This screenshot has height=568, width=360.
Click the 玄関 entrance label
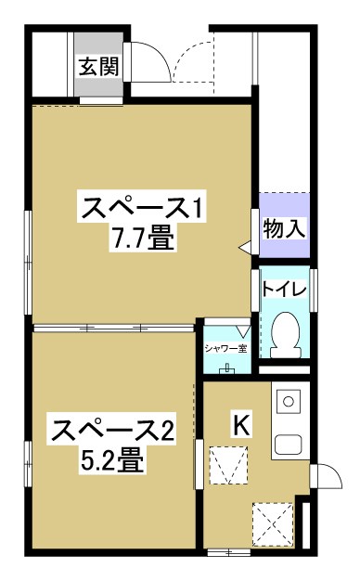[99, 67]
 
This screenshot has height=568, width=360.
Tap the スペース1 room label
[141, 208]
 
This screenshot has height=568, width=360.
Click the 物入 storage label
[284, 229]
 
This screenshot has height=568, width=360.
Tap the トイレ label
[284, 289]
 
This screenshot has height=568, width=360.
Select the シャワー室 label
[226, 349]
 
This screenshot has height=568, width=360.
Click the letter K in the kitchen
[241, 425]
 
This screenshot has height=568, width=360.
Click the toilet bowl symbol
[286, 335]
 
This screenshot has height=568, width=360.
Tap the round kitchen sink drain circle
[289, 401]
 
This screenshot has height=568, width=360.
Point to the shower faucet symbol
[227, 368]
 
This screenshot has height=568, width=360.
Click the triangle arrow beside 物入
[245, 248]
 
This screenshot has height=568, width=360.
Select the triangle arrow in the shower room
[243, 330]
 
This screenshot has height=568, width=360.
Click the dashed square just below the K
[229, 465]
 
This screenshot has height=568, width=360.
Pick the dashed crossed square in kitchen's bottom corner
[273, 522]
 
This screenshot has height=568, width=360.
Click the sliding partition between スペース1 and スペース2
[114, 329]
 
